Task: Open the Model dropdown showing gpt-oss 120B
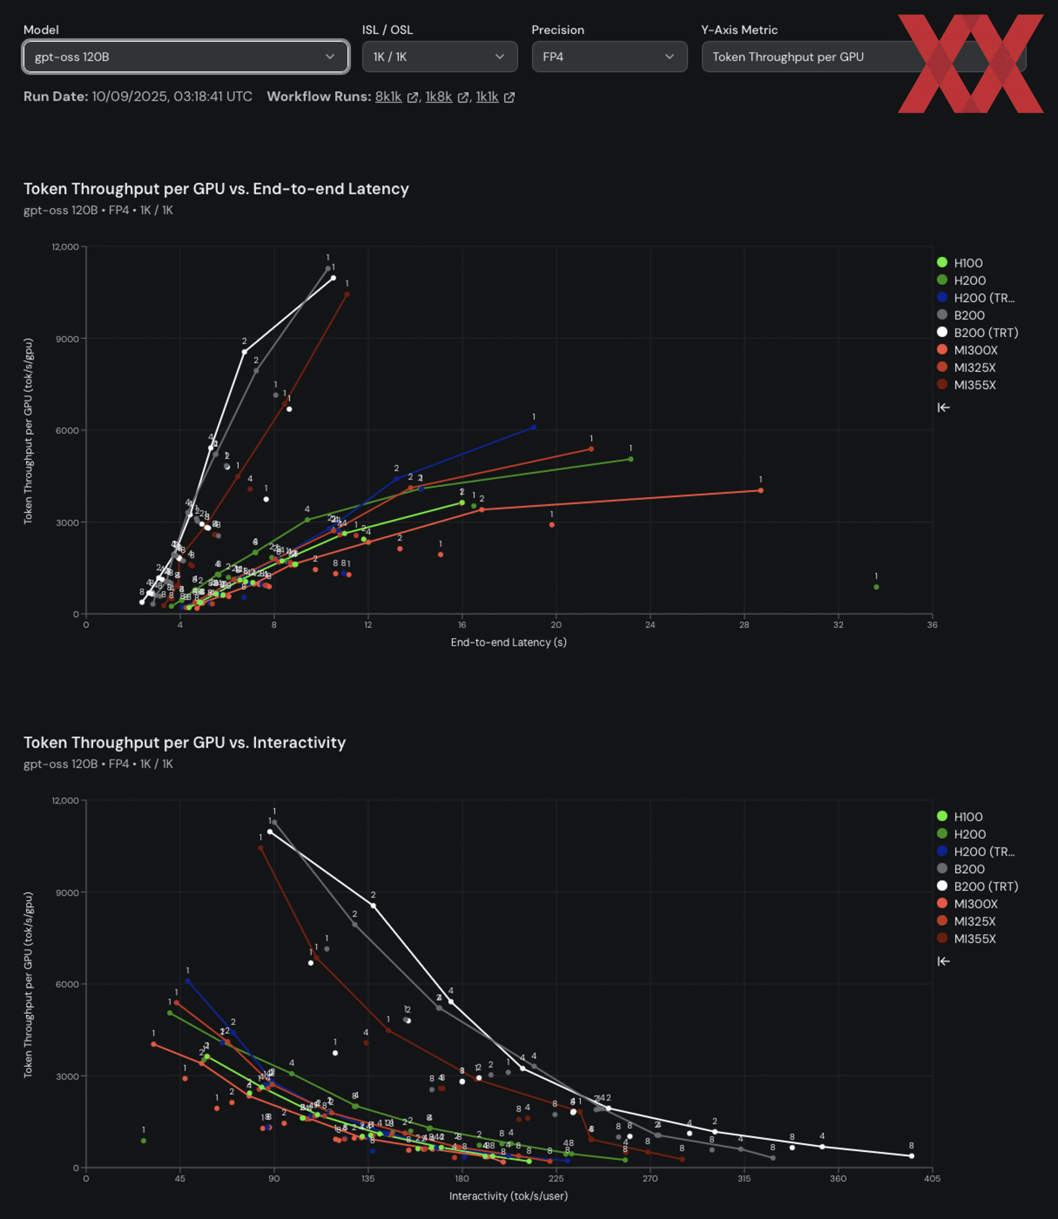pos(185,57)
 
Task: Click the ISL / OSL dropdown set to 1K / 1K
pos(439,57)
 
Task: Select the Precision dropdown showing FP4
pos(609,57)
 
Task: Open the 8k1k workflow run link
pos(388,97)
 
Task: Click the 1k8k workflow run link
pos(439,97)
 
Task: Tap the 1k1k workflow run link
pos(487,97)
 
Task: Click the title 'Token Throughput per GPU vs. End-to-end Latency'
pos(216,189)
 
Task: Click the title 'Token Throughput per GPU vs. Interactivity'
pos(184,743)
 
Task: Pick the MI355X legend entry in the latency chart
pos(974,385)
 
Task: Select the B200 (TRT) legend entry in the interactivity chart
pos(985,887)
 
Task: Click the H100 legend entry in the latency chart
pos(968,263)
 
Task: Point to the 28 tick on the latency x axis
pos(744,625)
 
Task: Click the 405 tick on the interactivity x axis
pos(932,1179)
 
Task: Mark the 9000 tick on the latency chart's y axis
pos(67,339)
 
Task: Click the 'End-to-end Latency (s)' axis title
pos(508,642)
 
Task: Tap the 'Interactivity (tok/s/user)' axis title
pos(508,1196)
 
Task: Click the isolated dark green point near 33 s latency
pos(876,587)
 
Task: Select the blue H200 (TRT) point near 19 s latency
pos(534,427)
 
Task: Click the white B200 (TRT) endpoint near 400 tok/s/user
pos(911,1156)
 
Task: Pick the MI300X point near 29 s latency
pos(760,490)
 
